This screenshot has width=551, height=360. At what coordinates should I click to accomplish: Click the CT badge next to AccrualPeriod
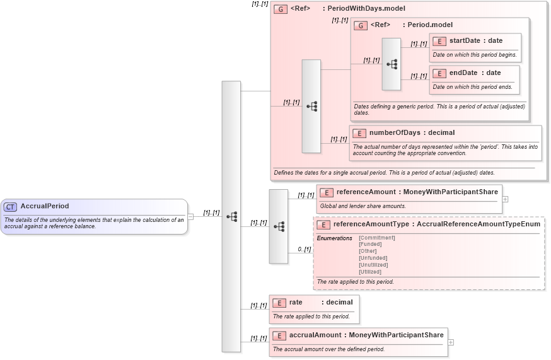coord(10,206)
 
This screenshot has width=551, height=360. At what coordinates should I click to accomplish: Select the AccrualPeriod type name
coord(45,206)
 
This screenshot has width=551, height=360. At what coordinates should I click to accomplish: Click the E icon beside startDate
coord(439,41)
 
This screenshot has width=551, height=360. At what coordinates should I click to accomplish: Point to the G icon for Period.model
coord(361,25)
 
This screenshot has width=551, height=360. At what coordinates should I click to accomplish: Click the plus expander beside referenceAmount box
coord(505,199)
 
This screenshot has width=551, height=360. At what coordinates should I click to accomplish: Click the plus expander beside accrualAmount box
coord(451,342)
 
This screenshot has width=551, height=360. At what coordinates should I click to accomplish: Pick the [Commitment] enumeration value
coord(376,238)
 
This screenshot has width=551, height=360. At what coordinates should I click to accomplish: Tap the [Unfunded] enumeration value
coord(373,258)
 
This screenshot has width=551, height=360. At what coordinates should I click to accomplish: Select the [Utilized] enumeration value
coord(371,272)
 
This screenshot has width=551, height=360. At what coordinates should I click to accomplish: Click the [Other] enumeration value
coord(368,251)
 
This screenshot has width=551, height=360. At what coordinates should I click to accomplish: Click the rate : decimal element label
coord(321,303)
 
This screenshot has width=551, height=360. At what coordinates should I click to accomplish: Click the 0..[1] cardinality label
coord(305,250)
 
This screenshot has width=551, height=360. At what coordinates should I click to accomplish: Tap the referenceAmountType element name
coord(371,224)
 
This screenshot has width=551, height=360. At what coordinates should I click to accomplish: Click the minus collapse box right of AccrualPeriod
coord(191,216)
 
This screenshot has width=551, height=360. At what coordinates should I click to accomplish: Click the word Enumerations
coord(334,238)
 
